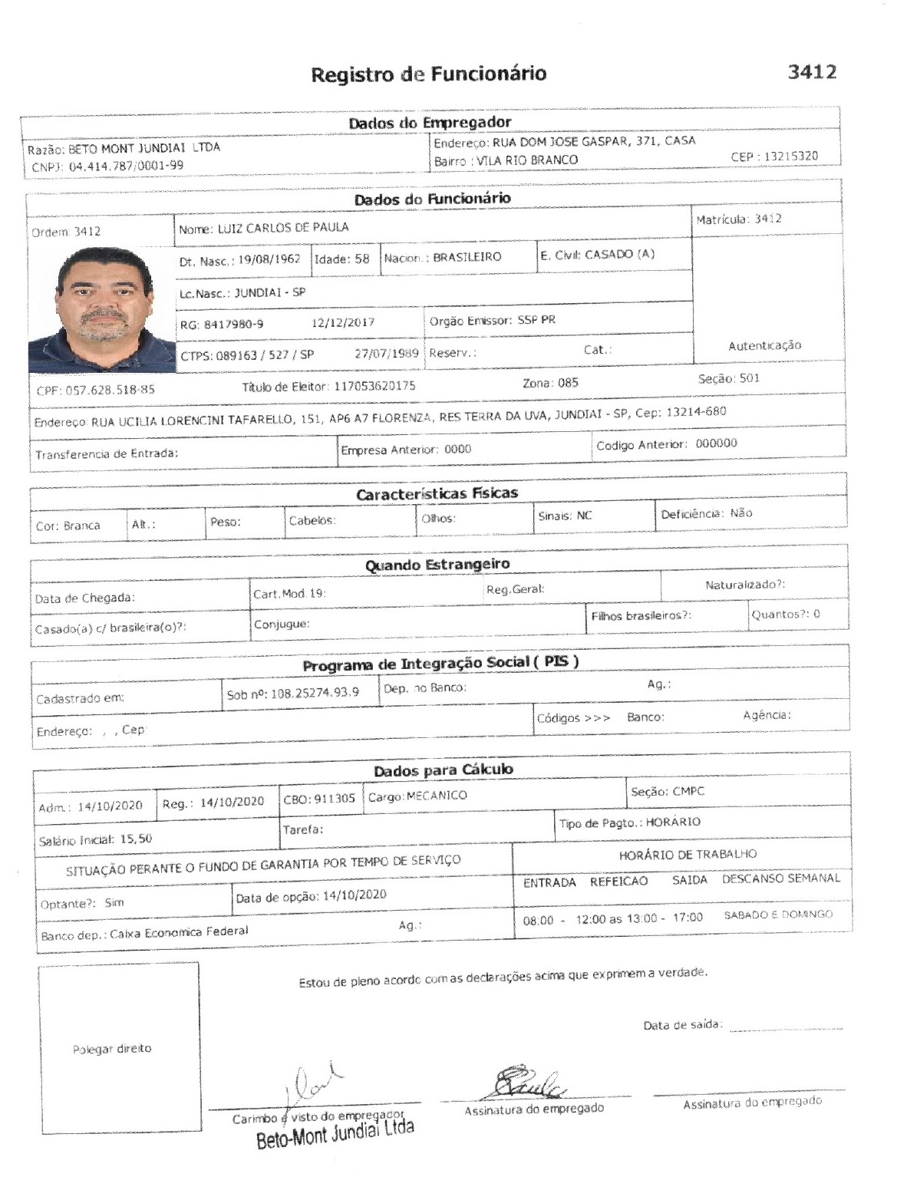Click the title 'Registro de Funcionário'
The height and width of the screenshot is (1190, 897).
428,74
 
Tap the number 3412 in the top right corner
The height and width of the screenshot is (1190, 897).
811,72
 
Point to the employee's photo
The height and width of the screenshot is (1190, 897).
101,308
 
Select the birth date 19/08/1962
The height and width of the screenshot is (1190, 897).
269,259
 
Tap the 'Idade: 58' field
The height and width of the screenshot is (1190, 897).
342,259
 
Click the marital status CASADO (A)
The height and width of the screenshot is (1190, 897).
619,254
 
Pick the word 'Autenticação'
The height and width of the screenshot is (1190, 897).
764,345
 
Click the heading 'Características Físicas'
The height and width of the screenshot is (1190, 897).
437,493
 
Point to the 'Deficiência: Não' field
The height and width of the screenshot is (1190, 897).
707,513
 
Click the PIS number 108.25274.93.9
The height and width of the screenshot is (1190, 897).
315,693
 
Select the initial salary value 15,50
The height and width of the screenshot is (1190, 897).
136,839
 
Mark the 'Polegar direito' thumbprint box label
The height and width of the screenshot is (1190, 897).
112,1048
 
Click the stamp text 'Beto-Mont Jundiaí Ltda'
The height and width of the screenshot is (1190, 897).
335,1133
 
